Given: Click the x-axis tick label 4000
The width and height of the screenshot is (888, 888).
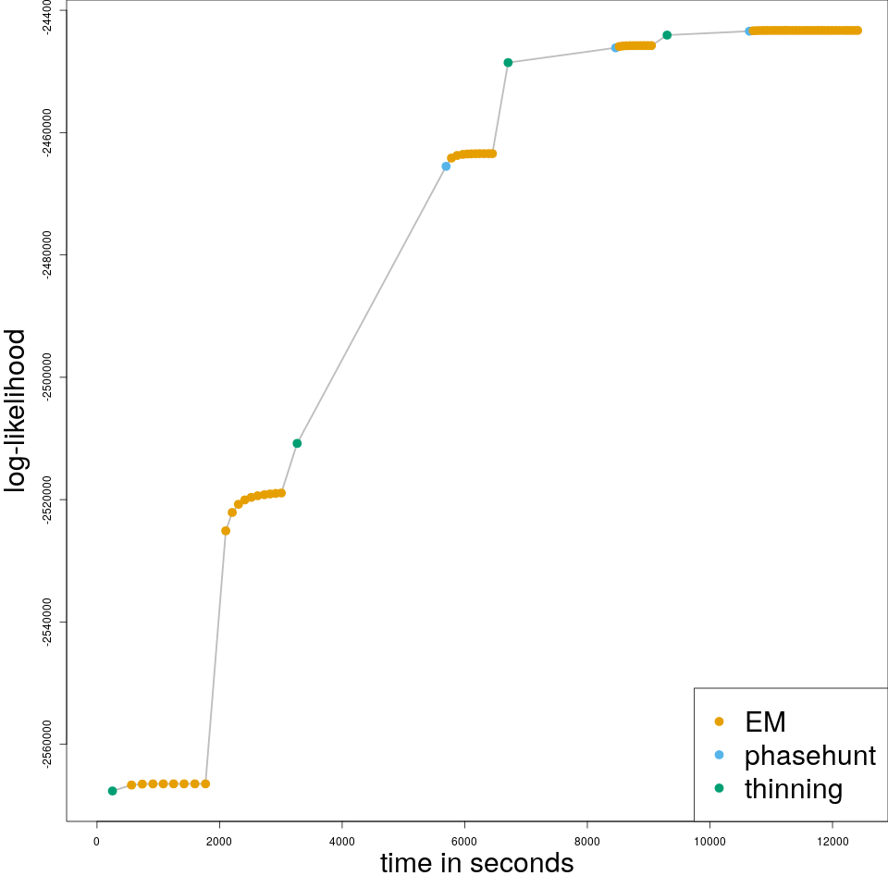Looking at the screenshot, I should [341, 840].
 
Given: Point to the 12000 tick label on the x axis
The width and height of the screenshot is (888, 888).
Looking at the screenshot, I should [832, 840].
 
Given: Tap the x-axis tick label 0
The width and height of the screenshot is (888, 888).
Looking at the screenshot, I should [96, 840].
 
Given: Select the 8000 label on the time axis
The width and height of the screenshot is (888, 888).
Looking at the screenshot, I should [586, 840].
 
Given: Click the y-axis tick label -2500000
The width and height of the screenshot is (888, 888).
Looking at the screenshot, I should [48, 377].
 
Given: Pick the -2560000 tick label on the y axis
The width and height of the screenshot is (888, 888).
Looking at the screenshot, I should [48, 744].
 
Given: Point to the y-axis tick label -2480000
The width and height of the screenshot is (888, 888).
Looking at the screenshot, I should [48, 255].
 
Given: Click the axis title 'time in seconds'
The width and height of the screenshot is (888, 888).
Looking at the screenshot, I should [476, 863].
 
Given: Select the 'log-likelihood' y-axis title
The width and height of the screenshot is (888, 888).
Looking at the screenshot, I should [16, 411].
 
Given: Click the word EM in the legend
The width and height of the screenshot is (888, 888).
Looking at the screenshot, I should [765, 721].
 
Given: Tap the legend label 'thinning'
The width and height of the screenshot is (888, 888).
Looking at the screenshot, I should [793, 789].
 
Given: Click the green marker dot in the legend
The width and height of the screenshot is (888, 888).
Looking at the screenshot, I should [719, 789].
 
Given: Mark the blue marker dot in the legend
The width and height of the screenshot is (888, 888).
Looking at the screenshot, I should [719, 755].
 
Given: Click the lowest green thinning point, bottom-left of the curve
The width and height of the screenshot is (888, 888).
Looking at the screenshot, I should [112, 791].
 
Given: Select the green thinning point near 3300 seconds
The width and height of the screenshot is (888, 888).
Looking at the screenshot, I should [297, 443].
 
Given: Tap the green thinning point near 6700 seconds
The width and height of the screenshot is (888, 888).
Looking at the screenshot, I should [508, 62].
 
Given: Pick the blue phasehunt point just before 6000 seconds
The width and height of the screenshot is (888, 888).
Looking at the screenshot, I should [446, 166].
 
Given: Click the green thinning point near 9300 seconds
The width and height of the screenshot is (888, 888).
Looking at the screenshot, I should [667, 35].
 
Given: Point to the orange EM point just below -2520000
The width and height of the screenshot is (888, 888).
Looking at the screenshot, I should [226, 531].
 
